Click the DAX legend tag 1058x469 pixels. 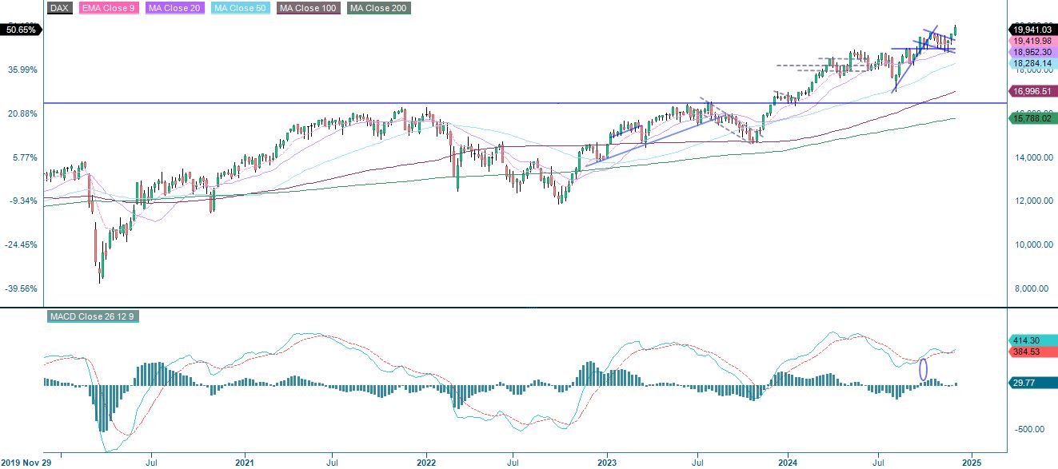(x=60, y=8)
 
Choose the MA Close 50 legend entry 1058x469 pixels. (x=239, y=8)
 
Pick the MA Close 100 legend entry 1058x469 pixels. (x=308, y=8)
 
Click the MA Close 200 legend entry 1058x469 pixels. (x=379, y=8)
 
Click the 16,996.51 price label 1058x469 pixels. (x=1032, y=91)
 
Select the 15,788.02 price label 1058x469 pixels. (x=1032, y=118)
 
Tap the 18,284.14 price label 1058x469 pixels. (x=1032, y=62)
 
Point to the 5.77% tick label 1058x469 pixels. (x=24, y=157)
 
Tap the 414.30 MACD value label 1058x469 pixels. (x=1026, y=340)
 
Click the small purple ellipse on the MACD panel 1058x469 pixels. (x=924, y=369)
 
